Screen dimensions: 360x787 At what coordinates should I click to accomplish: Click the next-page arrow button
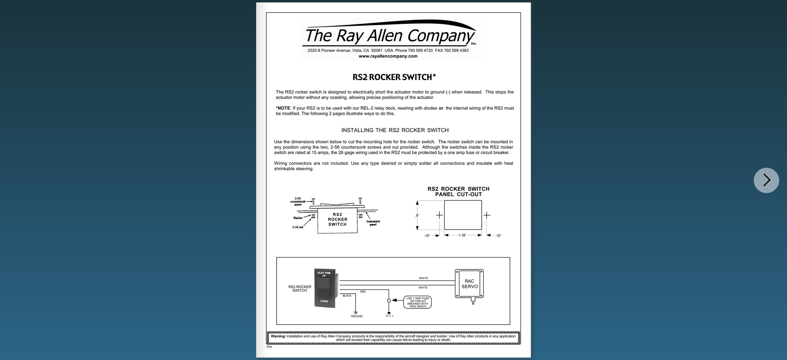[x=766, y=180]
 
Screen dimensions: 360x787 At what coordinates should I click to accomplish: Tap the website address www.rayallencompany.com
[x=388, y=56]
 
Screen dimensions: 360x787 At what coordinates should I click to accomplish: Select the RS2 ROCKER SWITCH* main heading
[x=394, y=77]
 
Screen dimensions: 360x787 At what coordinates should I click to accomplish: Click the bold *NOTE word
[x=283, y=108]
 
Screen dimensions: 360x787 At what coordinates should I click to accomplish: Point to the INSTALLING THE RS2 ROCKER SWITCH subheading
[x=395, y=130]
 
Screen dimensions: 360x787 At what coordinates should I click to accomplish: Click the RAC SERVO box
[x=469, y=284]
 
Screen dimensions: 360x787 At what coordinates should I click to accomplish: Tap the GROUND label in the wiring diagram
[x=357, y=316]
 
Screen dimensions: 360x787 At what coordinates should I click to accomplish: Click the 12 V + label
[x=389, y=316]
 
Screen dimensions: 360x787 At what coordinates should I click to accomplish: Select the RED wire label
[x=363, y=292]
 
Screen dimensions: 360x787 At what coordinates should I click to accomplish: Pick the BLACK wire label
[x=347, y=296]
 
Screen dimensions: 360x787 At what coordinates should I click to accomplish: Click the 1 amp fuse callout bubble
[x=418, y=302]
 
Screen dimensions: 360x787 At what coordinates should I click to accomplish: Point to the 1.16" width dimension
[x=462, y=235]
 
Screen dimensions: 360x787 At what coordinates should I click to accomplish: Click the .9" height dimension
[x=417, y=216]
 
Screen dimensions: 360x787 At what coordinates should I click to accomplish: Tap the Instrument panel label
[x=373, y=223]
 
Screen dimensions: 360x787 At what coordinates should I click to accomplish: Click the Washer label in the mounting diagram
[x=298, y=218]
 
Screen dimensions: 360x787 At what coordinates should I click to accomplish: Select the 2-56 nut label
[x=298, y=227]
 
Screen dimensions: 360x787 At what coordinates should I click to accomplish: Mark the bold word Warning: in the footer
[x=278, y=336]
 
